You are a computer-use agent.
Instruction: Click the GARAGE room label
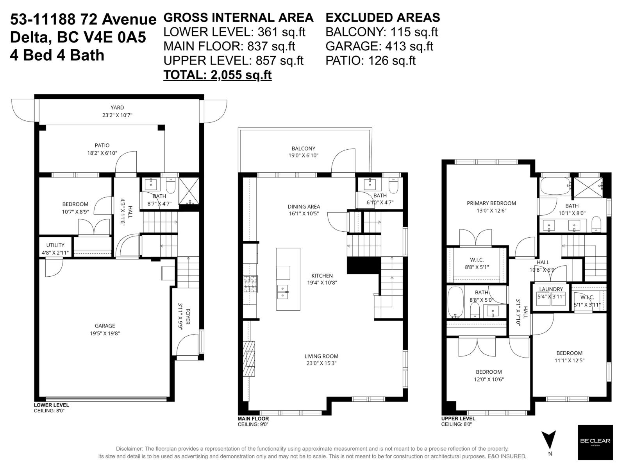point(105,326)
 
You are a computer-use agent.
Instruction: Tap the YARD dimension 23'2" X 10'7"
point(117,115)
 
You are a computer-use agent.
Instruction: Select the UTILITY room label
point(55,245)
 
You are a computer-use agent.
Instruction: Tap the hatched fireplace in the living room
point(249,358)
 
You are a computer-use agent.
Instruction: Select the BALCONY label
point(303,149)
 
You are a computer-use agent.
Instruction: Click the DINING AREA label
point(304,206)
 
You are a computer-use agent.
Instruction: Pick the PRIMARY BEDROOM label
point(491,203)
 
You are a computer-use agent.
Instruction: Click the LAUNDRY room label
point(551,289)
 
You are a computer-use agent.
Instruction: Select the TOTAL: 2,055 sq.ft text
point(217,75)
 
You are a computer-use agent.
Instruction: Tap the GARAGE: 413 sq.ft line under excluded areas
point(379,46)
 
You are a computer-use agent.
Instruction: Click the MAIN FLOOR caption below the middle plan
point(253,419)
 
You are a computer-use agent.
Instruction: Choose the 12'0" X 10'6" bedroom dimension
point(488,379)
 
